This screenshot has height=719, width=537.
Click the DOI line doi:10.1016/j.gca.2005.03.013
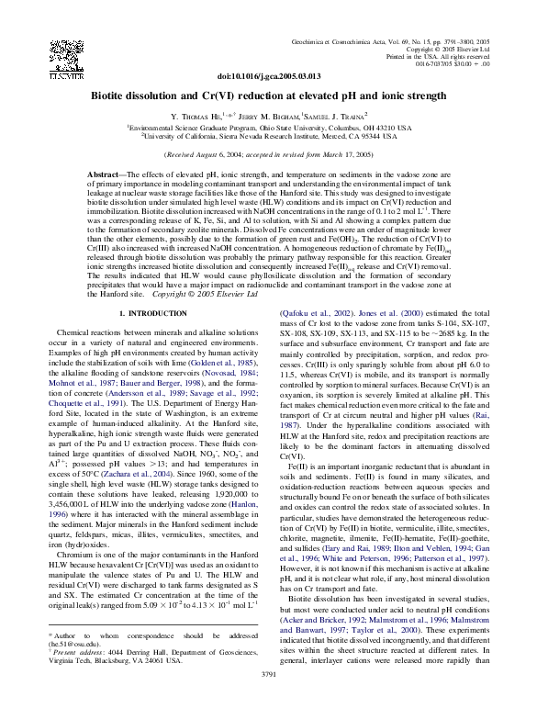[268, 76]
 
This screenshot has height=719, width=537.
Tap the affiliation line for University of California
[268, 135]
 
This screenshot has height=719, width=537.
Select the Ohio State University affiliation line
[268, 127]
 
